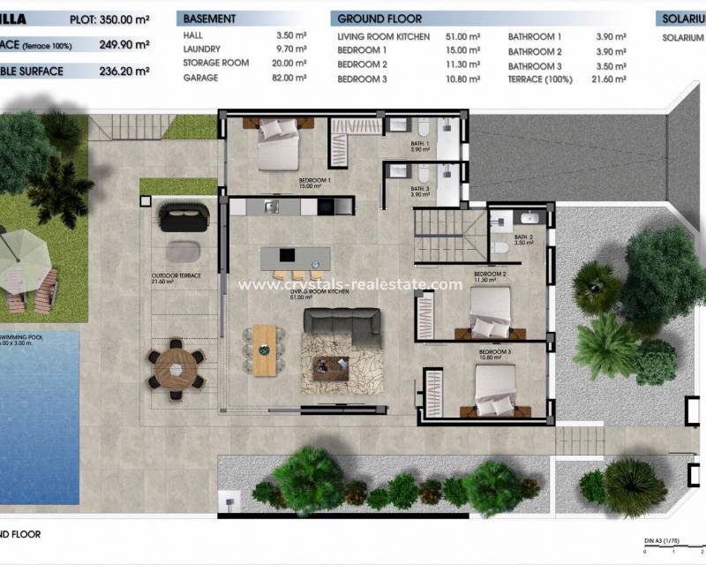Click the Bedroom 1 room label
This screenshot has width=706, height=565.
tap(315, 183)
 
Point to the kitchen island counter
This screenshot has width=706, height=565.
tap(295, 257)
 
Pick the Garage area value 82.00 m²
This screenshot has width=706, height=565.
tap(291, 78)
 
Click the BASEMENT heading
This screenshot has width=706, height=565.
tap(209, 19)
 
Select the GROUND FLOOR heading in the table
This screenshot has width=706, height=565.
tap(380, 19)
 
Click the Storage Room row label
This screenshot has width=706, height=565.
tap(215, 64)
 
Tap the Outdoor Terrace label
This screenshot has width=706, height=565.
tap(176, 275)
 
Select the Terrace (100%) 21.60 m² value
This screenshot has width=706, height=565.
tap(609, 79)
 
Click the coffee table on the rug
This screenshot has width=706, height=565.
tap(331, 362)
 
